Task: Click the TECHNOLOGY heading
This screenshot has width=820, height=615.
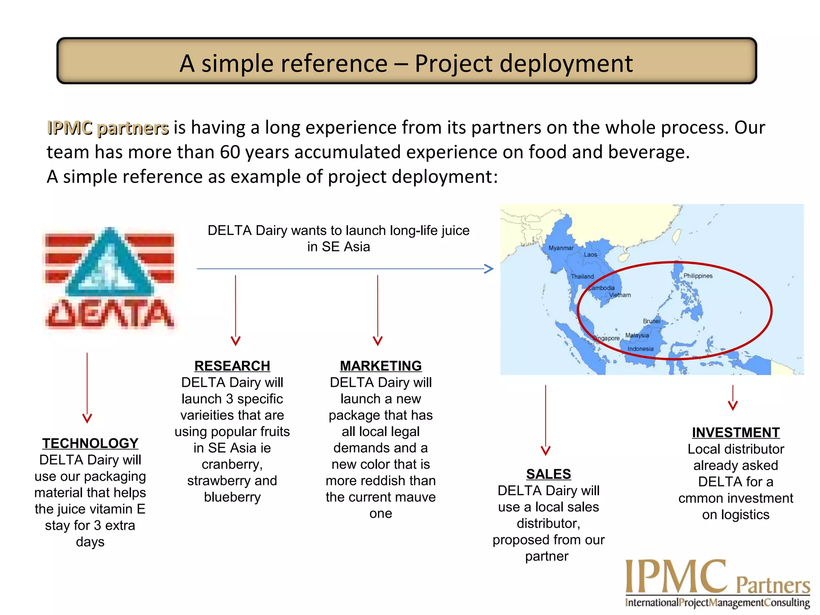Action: click(x=90, y=443)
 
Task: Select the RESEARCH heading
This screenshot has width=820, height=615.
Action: click(x=232, y=366)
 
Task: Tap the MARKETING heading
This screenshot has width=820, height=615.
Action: click(x=381, y=366)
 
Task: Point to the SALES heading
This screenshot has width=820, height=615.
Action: click(x=549, y=474)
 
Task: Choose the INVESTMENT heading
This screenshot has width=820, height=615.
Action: click(x=736, y=432)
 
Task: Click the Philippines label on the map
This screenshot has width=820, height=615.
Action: click(x=698, y=276)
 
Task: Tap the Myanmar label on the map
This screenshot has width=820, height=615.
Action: click(x=561, y=248)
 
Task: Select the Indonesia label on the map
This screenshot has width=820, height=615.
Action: click(x=640, y=349)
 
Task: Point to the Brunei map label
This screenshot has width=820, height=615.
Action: click(x=651, y=321)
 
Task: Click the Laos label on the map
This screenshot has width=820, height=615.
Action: click(x=590, y=255)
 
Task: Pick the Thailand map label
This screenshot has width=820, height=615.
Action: click(x=582, y=277)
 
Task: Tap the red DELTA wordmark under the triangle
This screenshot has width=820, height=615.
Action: click(x=109, y=314)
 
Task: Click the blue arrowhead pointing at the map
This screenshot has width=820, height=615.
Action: click(x=489, y=269)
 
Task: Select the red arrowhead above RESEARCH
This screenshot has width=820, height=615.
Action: click(x=235, y=341)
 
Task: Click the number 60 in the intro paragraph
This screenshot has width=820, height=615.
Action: click(x=230, y=152)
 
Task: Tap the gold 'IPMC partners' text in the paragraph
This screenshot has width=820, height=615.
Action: click(x=108, y=128)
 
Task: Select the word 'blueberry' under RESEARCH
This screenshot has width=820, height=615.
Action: click(x=232, y=497)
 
